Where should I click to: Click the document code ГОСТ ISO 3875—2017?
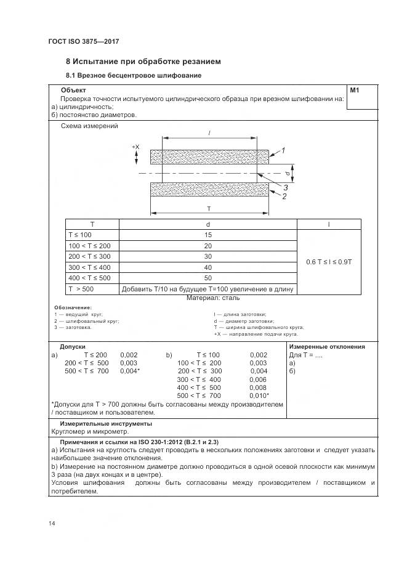click(x=83, y=41)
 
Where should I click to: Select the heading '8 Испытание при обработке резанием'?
click(x=143, y=62)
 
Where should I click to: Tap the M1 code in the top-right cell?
click(x=355, y=91)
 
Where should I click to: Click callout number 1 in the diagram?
click(x=283, y=150)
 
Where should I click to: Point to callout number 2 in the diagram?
click(x=284, y=197)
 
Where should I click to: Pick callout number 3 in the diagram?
click(x=285, y=188)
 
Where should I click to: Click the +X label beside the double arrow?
click(x=136, y=147)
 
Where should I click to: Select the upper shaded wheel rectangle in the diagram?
click(x=209, y=157)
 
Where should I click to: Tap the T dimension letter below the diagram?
click(x=209, y=208)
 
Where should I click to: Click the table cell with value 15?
click(x=208, y=235)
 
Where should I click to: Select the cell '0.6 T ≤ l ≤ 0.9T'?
click(x=329, y=262)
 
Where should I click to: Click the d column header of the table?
click(x=208, y=224)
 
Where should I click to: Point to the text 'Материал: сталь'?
click(x=209, y=298)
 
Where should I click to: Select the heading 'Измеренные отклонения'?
click(x=327, y=347)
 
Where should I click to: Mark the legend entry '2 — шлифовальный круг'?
click(x=87, y=321)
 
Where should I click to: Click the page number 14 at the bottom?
click(x=52, y=524)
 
